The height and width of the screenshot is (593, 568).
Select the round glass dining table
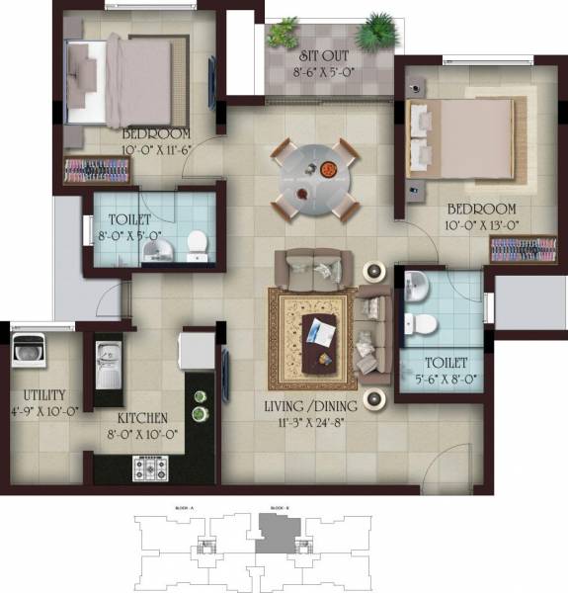click(x=316, y=175)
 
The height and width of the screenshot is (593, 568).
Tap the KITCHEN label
click(x=141, y=418)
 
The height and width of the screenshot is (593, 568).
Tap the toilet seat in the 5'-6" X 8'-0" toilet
click(x=423, y=324)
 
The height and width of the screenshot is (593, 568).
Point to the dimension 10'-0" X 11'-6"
click(x=155, y=149)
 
